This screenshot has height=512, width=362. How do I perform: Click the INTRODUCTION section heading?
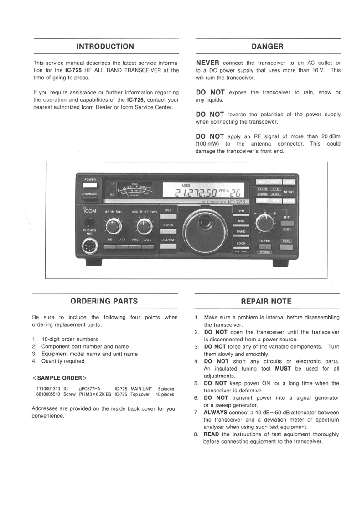click(105, 47)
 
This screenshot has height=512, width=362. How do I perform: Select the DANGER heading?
click(267, 47)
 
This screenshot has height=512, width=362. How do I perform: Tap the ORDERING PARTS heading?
click(104, 301)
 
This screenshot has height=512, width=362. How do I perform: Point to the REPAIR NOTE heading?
click(266, 301)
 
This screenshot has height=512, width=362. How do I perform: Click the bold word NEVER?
click(207, 63)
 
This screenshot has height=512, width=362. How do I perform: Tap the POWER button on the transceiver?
click(90, 186)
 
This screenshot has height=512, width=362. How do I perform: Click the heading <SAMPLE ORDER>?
click(59, 378)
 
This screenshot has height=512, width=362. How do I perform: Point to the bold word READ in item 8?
click(212, 434)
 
